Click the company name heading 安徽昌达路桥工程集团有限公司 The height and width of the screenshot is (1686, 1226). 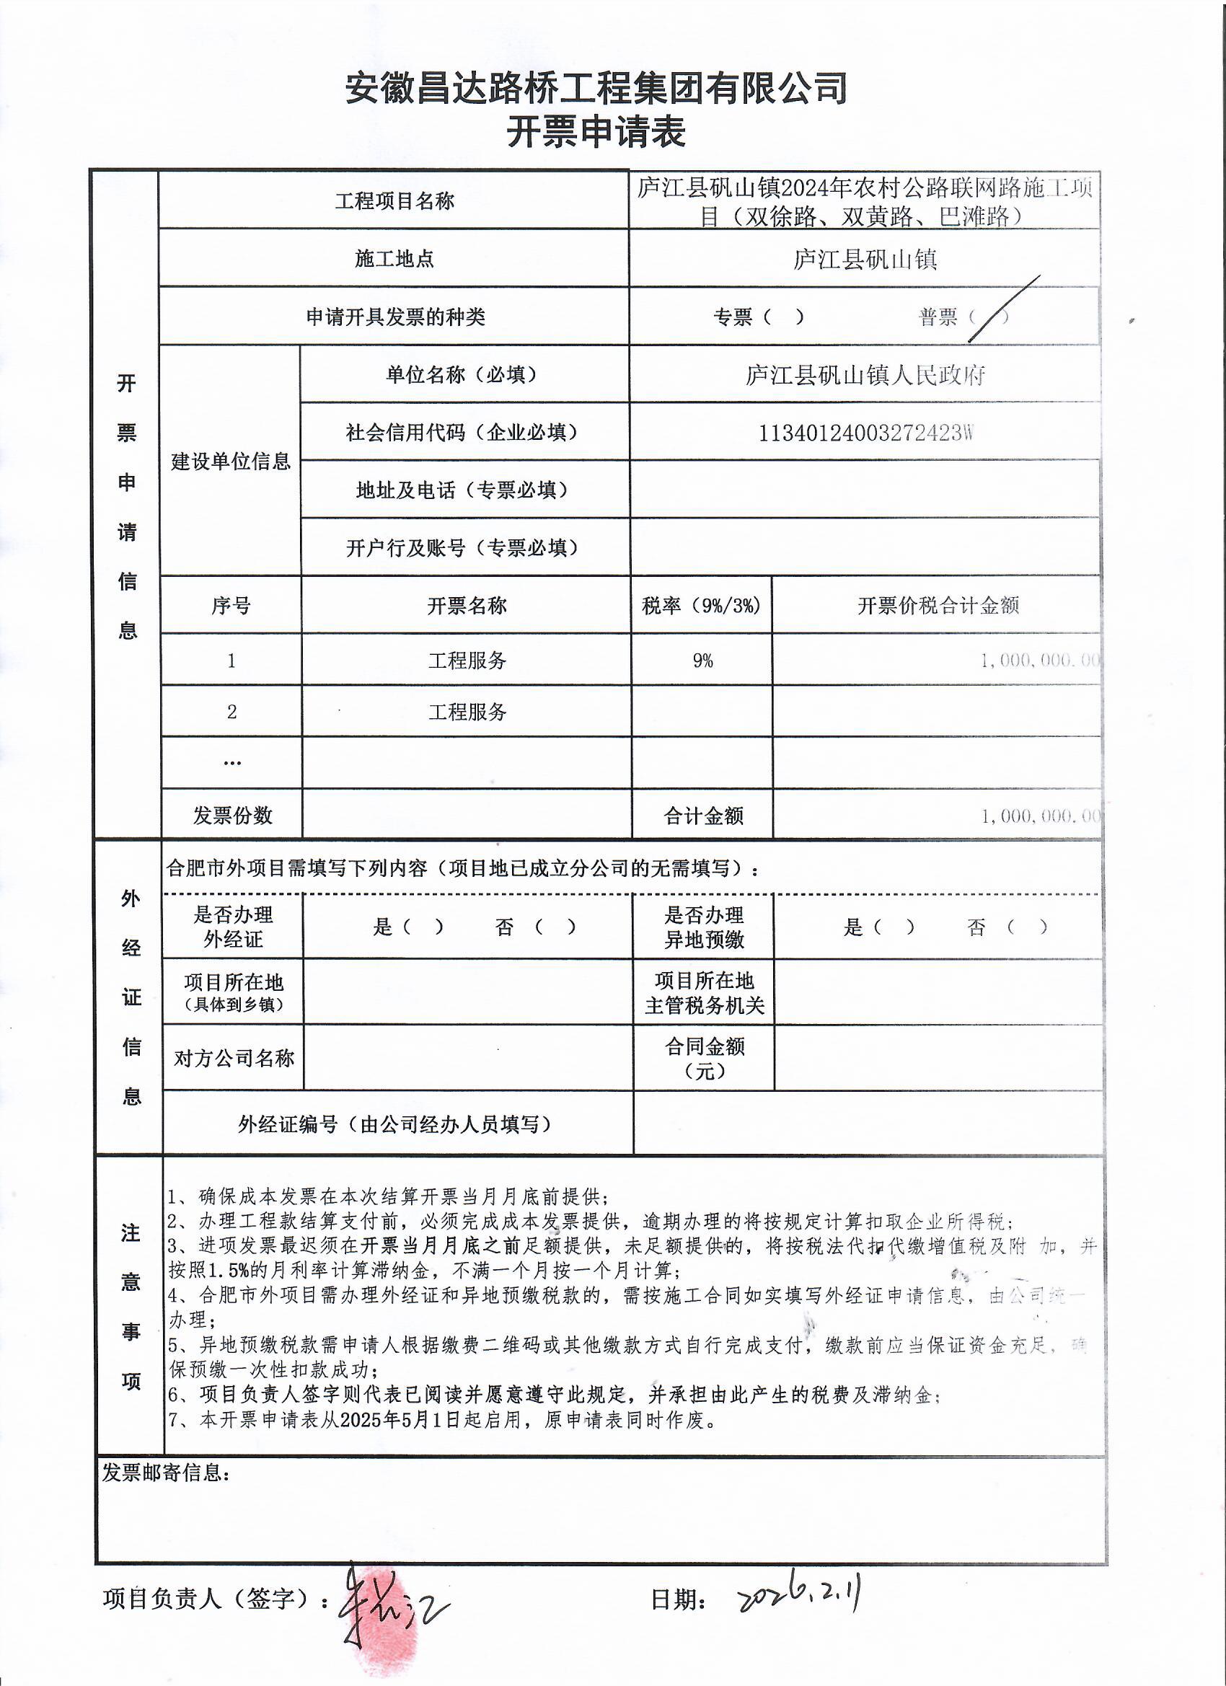tap(596, 89)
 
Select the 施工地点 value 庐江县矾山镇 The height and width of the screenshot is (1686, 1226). tap(864, 260)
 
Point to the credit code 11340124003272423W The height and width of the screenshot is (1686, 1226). tap(865, 433)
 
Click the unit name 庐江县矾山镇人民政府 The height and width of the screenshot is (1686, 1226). tap(865, 375)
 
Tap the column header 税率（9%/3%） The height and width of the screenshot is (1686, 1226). tap(701, 606)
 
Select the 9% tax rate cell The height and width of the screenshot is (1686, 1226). tap(702, 660)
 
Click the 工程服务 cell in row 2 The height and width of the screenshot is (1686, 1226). tap(467, 712)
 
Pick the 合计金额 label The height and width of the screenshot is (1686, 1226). tap(702, 816)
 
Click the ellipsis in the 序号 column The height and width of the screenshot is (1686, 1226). tap(232, 763)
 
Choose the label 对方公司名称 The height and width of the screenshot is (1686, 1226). tap(234, 1059)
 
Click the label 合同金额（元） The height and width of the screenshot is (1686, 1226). tap(703, 1059)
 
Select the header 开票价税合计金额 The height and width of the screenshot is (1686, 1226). tap(938, 606)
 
